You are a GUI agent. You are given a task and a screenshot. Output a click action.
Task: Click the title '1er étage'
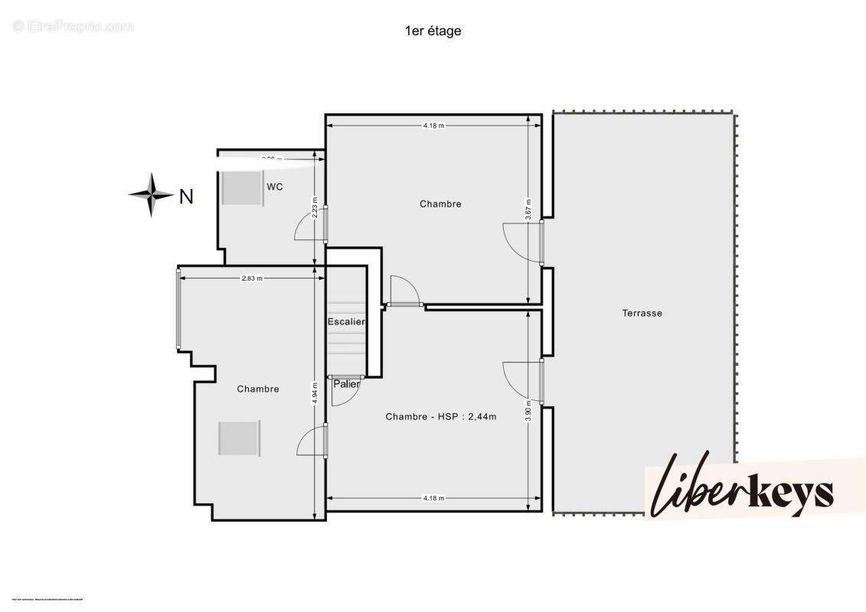point(433,31)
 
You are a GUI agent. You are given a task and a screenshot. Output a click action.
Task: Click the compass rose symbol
point(151,195)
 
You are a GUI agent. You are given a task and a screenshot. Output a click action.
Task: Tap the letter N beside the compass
point(186,197)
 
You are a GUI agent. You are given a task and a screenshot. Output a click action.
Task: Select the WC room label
point(275,187)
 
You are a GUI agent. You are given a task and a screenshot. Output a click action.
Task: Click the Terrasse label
point(642,313)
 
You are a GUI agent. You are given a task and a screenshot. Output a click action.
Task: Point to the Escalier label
point(346,322)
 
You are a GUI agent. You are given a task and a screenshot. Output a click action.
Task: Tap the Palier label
point(346,384)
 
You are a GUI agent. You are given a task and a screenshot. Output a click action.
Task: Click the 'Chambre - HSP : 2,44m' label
point(441,417)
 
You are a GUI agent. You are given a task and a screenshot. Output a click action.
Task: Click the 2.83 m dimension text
point(252,278)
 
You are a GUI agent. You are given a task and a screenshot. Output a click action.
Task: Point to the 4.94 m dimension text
point(315,392)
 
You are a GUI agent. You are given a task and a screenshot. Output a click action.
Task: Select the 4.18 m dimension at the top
point(433,125)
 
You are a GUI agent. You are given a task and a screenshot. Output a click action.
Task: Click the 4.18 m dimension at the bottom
point(433,498)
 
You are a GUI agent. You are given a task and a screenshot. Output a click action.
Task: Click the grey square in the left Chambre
point(239,438)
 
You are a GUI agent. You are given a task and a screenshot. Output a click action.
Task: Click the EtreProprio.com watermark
point(74,27)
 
